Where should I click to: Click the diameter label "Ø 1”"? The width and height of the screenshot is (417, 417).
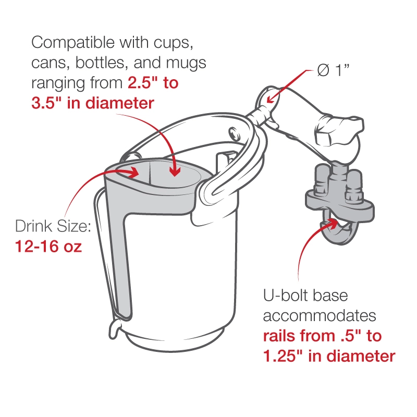333,71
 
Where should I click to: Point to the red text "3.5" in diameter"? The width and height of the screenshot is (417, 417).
93,103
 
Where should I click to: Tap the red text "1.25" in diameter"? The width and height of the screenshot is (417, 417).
328,357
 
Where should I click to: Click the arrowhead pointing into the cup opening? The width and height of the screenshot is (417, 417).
176,170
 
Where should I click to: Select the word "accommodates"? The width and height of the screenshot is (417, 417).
319,316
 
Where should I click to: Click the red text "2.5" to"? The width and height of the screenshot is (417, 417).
153,83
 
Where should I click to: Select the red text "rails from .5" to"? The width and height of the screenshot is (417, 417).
322,336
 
